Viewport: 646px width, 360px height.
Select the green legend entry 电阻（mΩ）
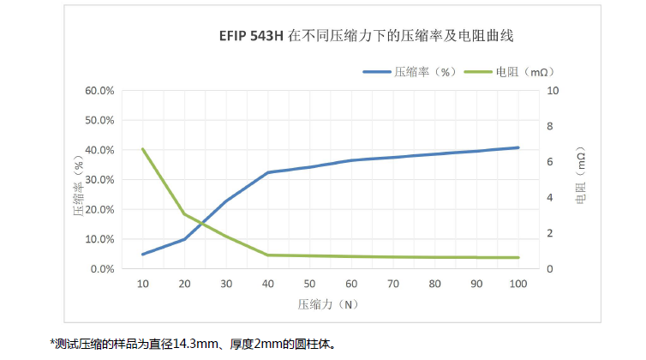pyautogui.click(x=509, y=73)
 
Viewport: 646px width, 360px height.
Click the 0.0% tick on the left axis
pyautogui.click(x=102, y=269)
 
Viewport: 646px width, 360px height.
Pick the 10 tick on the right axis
pyautogui.click(x=553, y=90)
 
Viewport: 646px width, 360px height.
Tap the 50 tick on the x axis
pyautogui.click(x=309, y=284)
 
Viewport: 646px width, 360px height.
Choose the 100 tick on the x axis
pyautogui.click(x=517, y=284)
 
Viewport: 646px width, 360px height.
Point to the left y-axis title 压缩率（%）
pyautogui.click(x=79, y=179)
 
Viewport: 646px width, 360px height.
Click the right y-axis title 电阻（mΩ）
pyautogui.click(x=580, y=180)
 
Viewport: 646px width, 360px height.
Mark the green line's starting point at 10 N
pyautogui.click(x=143, y=149)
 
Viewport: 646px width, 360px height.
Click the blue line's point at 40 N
pyautogui.click(x=268, y=172)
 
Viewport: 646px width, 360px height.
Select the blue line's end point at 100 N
pyautogui.click(x=518, y=147)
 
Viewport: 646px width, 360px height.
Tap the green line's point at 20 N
pyautogui.click(x=184, y=214)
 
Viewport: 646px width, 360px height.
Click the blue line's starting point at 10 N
pyautogui.click(x=143, y=255)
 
